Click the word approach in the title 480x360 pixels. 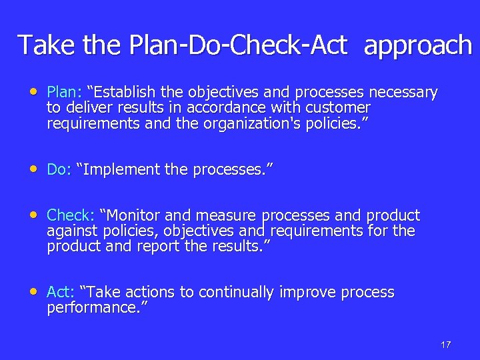click(418, 45)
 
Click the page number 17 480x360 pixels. click(446, 345)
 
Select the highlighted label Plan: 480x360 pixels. click(64, 92)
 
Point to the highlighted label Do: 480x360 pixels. click(59, 170)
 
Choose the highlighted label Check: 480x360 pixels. click(71, 216)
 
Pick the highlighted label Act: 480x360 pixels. click(60, 293)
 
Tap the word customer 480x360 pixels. click(339, 107)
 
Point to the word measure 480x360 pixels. click(227, 216)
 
